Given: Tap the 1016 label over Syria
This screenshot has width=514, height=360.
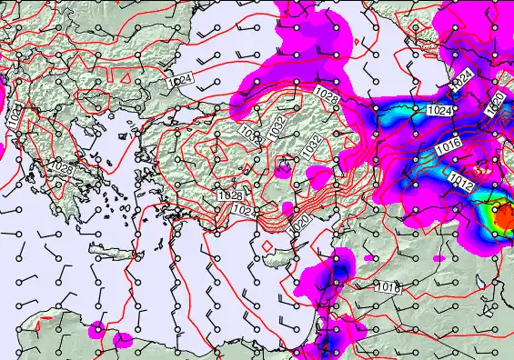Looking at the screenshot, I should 388,286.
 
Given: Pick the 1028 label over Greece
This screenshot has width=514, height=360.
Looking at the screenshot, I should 64,168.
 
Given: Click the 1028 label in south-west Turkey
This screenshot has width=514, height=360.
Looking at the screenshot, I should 230,195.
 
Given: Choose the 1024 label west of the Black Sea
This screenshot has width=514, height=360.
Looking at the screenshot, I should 179,81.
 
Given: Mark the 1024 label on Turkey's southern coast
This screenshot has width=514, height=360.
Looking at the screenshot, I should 243,211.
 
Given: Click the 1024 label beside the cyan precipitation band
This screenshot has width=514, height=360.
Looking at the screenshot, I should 438,110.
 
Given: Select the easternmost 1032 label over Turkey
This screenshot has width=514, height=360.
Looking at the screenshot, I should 312,145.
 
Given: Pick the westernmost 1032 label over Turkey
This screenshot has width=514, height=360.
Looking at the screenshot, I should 247,134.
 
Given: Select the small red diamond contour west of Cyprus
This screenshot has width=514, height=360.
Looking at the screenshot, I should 265,245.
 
